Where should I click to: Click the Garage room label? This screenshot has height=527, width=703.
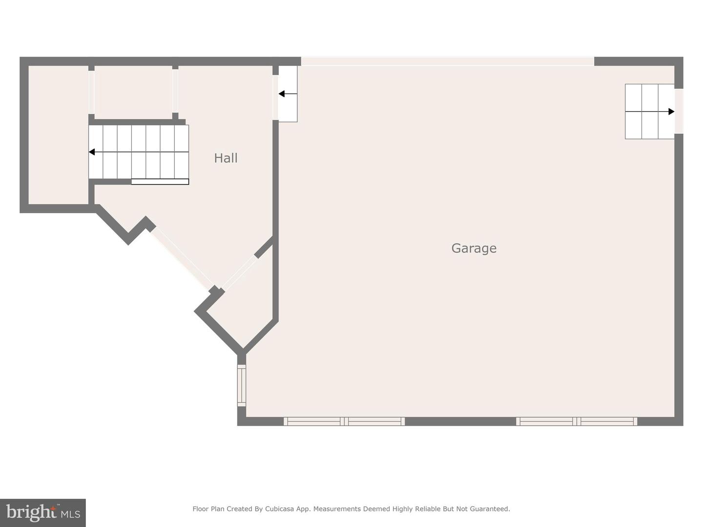coord(474,248)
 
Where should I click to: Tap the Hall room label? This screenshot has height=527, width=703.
coord(226,158)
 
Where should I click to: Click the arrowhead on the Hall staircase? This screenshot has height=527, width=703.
coord(92,152)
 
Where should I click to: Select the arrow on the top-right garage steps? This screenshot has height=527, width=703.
coord(671,112)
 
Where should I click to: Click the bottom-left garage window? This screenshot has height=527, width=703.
coord(344,422)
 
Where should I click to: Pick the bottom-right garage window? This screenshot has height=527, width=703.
coord(577,422)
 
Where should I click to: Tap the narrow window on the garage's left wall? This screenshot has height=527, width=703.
coord(242,385)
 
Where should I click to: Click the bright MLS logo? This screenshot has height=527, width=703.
coord(43,513)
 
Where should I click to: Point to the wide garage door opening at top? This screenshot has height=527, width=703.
coord(447,61)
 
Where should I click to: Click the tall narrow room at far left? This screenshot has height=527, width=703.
coord(58,135)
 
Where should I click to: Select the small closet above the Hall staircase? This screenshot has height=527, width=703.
coord(133,92)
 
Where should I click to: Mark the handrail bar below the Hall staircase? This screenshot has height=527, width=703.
coord(160,182)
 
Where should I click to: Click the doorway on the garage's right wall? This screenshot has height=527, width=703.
coord(679,111)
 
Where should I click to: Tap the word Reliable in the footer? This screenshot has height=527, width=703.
coord(429,509)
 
